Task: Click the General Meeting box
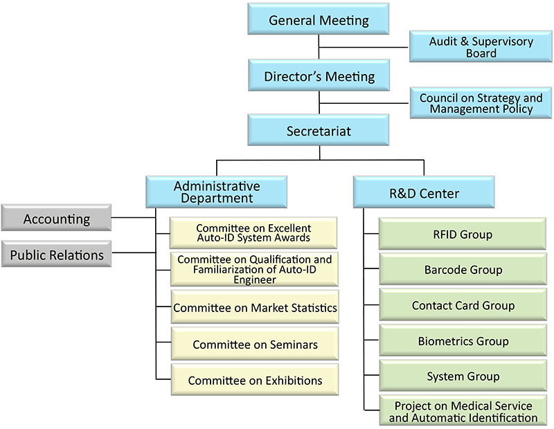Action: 319,20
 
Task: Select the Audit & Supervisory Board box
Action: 481,47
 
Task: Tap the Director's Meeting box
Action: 319,76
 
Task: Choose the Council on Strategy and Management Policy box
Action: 481,103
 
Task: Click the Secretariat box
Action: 319,131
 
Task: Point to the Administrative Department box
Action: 216,192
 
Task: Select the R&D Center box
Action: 424,192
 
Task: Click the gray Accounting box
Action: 56,219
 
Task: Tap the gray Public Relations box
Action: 56,255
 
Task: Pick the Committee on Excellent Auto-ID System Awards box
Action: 253,232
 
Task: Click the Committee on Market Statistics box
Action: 255,308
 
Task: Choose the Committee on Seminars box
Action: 255,344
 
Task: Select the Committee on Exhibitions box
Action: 255,380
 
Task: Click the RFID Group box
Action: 462,234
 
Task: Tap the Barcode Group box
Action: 462,270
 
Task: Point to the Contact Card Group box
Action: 462,305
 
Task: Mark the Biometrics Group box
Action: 462,341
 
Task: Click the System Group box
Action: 462,376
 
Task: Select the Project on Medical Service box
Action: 462,411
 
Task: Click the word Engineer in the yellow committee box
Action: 253,280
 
